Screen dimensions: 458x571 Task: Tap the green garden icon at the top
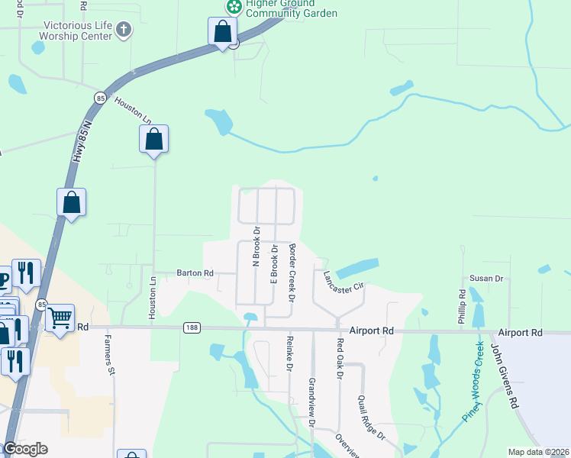point(234,7)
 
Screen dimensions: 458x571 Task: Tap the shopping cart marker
point(60,317)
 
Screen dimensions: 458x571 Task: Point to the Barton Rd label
point(195,273)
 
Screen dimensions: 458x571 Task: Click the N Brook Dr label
point(256,245)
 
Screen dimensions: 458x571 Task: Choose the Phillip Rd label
point(462,305)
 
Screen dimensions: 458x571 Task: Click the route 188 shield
point(192,327)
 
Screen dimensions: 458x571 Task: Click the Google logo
point(24,449)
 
